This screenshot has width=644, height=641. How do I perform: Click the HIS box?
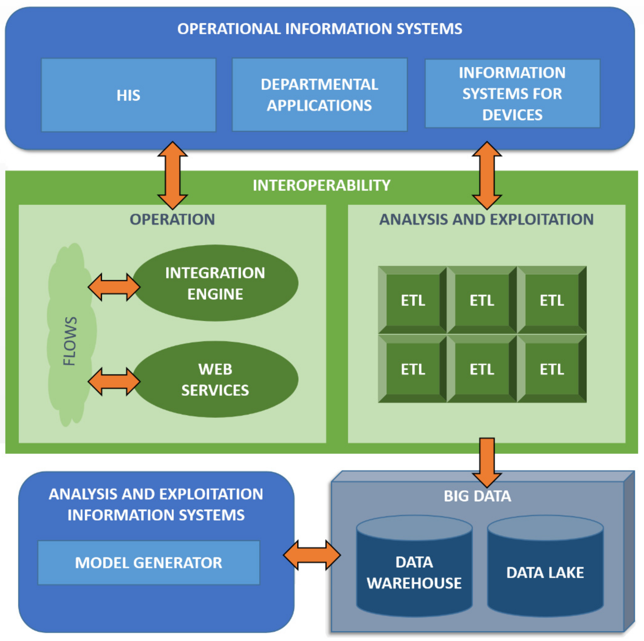[128, 95]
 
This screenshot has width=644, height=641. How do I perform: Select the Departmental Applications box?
[319, 95]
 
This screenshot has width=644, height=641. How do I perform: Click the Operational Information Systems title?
[319, 29]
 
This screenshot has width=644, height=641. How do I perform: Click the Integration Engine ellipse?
[215, 283]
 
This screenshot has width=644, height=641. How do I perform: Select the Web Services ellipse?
[215, 379]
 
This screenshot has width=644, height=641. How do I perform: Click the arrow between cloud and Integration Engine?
[114, 287]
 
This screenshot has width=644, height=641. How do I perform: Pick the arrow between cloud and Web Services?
[114, 382]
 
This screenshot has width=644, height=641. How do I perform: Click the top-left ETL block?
[413, 300]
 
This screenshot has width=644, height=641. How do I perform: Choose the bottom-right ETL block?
[552, 369]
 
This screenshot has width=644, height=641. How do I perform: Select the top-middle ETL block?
[482, 300]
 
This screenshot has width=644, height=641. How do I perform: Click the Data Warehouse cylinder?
[414, 573]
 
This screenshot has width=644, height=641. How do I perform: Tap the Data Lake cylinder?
[545, 573]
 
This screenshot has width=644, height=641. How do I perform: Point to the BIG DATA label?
[477, 496]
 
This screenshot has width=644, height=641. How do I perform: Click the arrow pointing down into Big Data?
[487, 462]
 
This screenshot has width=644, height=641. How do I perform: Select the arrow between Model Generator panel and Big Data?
[312, 555]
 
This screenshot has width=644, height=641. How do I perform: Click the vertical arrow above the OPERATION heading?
[172, 175]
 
